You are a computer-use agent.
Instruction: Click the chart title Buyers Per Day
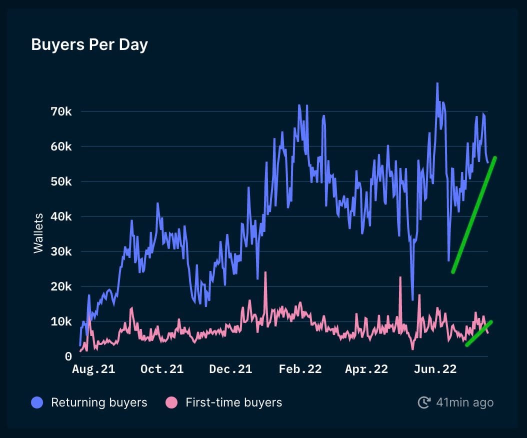coord(89,45)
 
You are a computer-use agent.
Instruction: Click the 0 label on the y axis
coord(68,357)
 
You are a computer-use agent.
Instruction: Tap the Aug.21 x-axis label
coord(93,369)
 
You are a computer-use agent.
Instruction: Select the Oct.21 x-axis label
coord(161,369)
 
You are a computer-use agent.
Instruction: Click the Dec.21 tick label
coord(230,369)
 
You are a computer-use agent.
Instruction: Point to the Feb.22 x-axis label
coord(300,369)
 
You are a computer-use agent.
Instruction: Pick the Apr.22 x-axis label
coord(366,369)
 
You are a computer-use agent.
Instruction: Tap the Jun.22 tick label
coord(435,369)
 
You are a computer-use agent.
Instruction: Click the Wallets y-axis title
coord(38,233)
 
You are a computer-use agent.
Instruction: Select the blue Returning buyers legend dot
coord(37,402)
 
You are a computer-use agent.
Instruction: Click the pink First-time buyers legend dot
coord(171,402)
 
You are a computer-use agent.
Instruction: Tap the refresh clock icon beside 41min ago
coord(424,402)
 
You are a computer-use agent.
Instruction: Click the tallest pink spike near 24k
coord(265,273)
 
